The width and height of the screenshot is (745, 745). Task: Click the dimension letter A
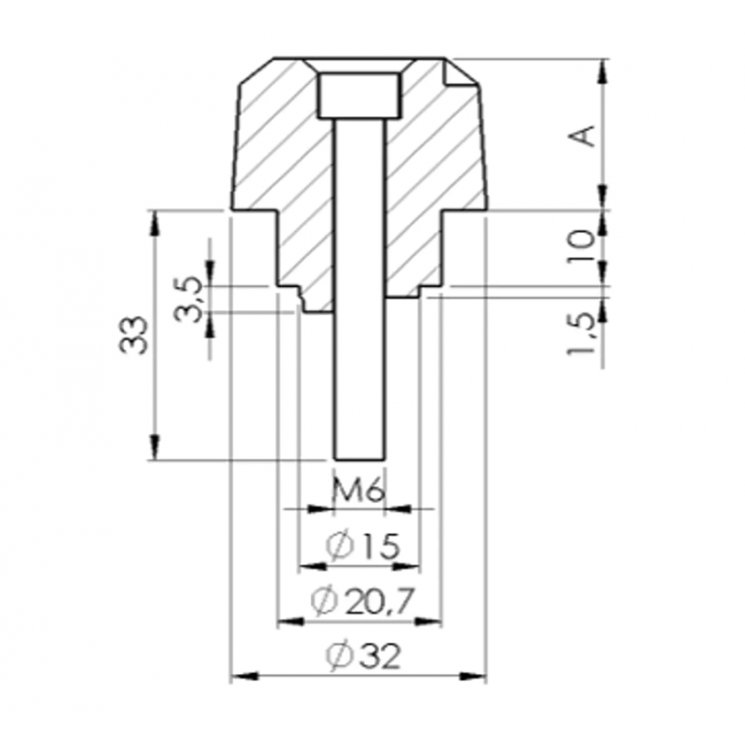[x=583, y=135]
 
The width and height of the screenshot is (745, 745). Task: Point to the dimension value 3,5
[x=187, y=299]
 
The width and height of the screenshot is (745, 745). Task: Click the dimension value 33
[x=132, y=334]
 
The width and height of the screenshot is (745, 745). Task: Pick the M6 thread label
[x=358, y=493]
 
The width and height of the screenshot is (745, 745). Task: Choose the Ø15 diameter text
[x=363, y=547]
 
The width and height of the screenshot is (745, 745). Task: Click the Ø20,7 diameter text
[x=363, y=601]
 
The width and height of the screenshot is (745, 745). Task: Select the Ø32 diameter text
[x=363, y=656]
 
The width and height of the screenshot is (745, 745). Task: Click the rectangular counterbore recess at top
[x=359, y=96]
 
